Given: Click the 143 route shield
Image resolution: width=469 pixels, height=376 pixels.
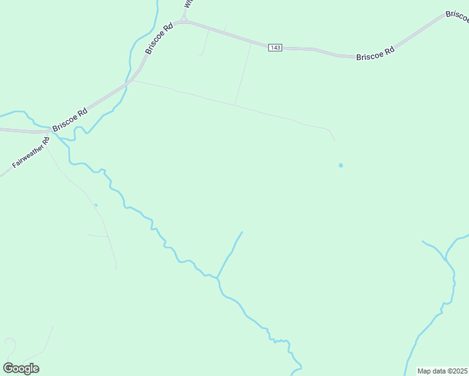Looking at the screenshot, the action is click(275, 48).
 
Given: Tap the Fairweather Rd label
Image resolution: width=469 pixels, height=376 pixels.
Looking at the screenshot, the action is click(31, 156).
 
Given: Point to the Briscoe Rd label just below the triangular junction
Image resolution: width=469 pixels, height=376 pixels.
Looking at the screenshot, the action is click(159, 39).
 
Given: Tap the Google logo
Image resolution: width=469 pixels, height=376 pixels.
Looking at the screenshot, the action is click(21, 368).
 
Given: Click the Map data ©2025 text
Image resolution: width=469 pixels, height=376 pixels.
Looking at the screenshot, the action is click(442, 371).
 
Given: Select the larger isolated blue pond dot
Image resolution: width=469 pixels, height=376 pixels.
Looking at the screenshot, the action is click(341, 165).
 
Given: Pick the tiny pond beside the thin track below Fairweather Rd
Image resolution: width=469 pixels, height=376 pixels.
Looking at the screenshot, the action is click(96, 205).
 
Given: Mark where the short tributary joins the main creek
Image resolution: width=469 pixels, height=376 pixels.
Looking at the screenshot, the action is click(218, 278).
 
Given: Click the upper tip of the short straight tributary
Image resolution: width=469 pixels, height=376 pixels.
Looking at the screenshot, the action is click(242, 232).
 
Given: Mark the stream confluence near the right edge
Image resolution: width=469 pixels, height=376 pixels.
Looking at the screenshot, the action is click(445, 259).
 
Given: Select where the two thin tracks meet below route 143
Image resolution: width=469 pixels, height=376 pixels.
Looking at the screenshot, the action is click(235, 105).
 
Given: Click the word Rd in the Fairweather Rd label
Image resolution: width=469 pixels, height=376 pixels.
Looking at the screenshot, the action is click(45, 146).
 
